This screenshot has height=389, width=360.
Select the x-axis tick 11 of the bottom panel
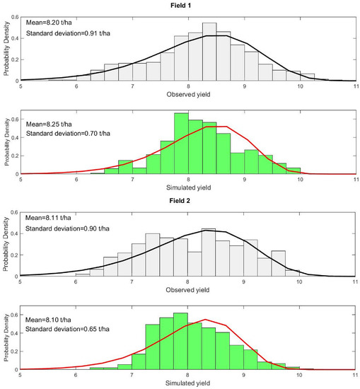point(354,375)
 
